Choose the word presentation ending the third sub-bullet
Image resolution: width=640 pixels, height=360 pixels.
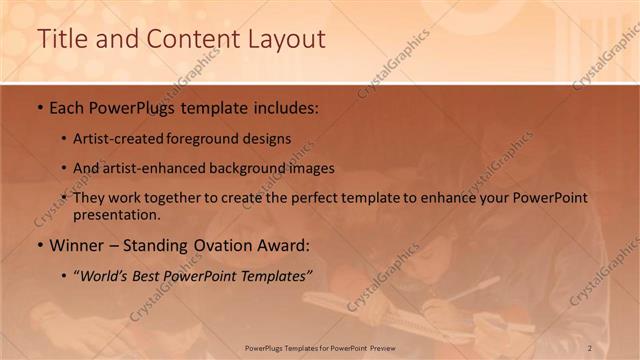(115, 214)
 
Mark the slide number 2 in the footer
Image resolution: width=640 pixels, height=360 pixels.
(590, 347)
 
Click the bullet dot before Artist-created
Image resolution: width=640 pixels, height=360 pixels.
(64, 140)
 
